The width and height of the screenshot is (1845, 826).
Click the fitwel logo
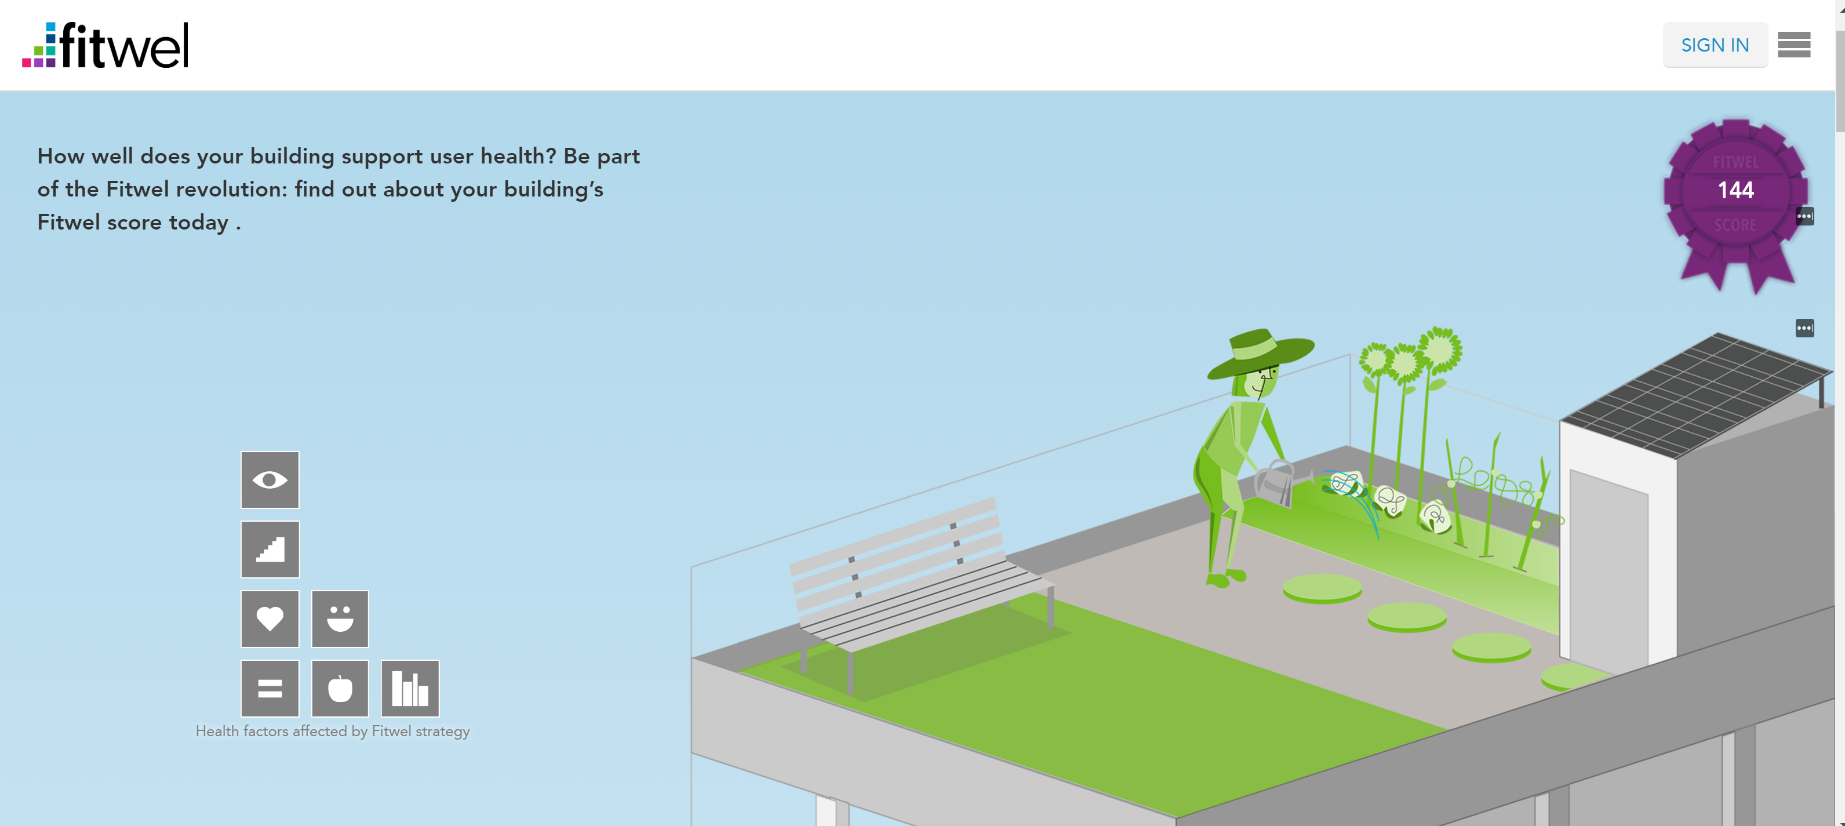click(x=105, y=45)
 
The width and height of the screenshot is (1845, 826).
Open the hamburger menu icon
click(x=1793, y=45)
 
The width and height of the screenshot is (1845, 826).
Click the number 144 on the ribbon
click(x=1735, y=190)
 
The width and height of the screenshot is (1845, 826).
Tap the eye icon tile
click(x=270, y=479)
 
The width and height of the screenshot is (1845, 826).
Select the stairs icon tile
click(x=270, y=549)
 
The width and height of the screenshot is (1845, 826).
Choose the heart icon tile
click(x=270, y=618)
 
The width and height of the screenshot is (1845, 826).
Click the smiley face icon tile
click(x=340, y=618)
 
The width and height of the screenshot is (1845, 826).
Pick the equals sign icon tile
click(x=270, y=687)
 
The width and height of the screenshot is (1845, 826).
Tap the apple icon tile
click(x=340, y=687)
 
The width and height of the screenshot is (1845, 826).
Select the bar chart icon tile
click(x=410, y=687)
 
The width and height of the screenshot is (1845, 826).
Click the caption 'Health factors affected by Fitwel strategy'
click(x=332, y=732)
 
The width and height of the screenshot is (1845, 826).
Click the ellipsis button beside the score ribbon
click(x=1804, y=216)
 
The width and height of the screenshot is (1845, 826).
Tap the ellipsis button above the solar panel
click(x=1804, y=328)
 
